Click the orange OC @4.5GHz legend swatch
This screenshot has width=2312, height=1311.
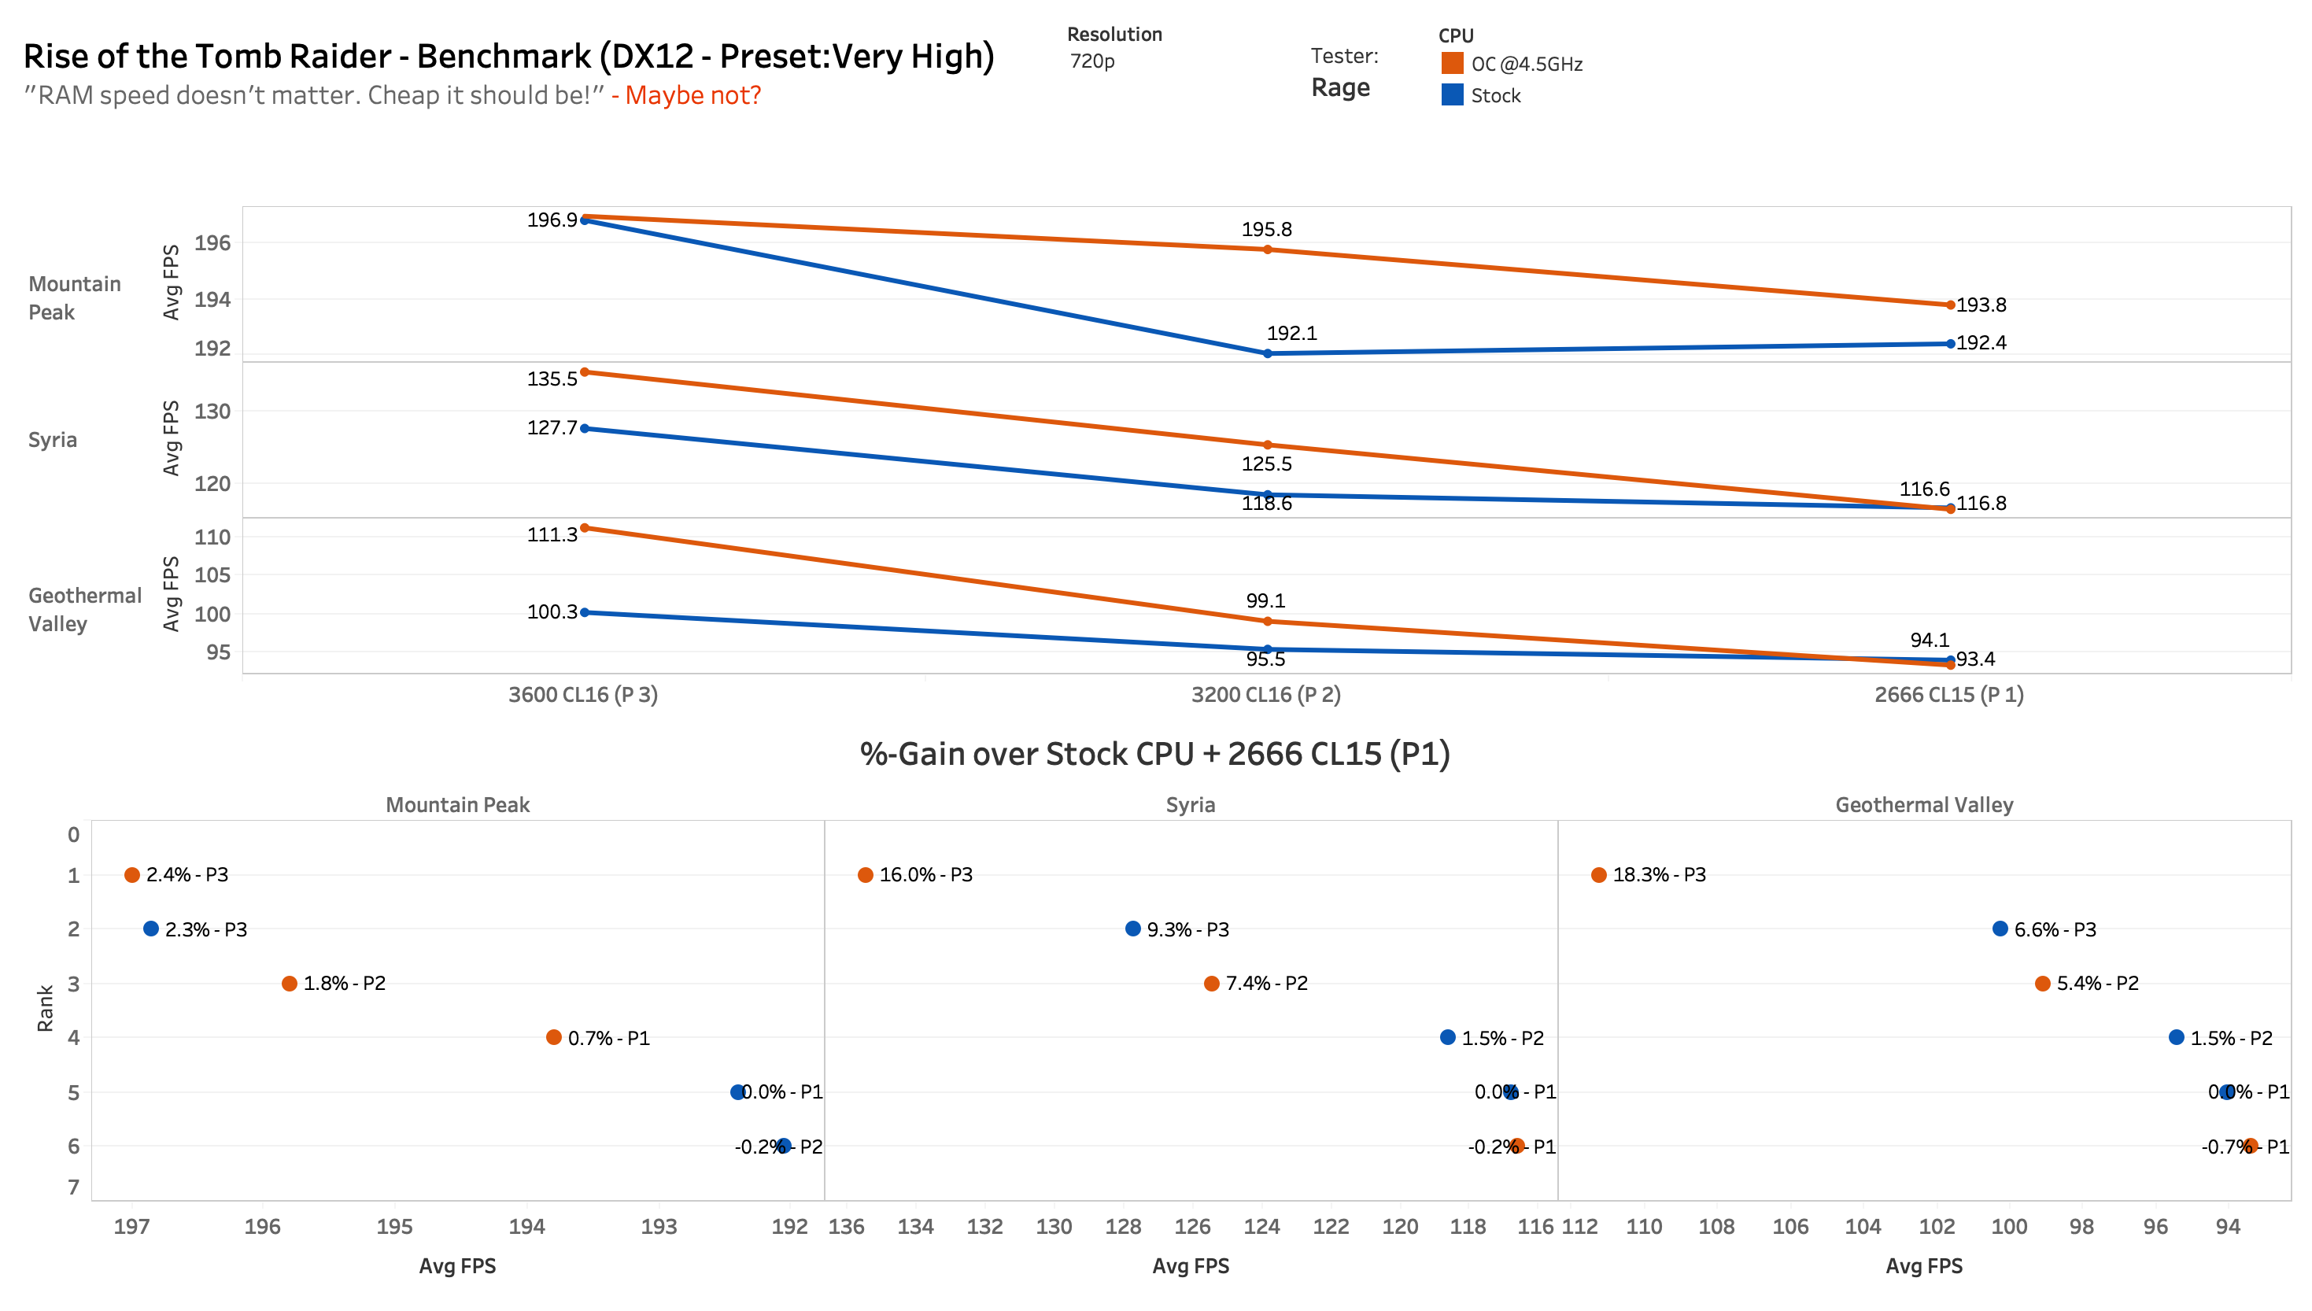tap(1451, 63)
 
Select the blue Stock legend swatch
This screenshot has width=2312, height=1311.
tap(1451, 94)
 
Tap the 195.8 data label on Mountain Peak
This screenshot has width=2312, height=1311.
tap(1266, 230)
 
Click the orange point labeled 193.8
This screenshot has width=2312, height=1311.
tap(1950, 305)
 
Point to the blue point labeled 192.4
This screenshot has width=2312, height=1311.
tap(1950, 344)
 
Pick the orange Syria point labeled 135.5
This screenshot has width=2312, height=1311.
tap(585, 372)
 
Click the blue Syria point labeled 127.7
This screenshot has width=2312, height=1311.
tap(585, 429)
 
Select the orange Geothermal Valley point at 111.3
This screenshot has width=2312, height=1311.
tap(585, 528)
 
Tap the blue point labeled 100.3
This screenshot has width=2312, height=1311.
tap(585, 612)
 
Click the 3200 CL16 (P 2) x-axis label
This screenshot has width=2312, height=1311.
tap(1266, 695)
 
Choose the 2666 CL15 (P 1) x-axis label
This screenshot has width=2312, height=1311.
tap(1949, 695)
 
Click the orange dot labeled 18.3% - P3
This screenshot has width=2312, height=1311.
tap(1598, 875)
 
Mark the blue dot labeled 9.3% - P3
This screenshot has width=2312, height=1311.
tap(1132, 929)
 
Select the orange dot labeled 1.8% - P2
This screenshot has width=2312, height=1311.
tap(289, 984)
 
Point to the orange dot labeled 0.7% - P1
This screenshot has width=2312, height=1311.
tap(554, 1037)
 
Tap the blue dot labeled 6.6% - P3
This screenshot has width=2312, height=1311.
tap(2000, 929)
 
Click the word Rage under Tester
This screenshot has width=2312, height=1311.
tap(1339, 88)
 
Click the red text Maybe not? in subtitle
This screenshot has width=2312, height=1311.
tap(692, 95)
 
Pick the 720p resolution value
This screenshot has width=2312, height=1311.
tap(1092, 61)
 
